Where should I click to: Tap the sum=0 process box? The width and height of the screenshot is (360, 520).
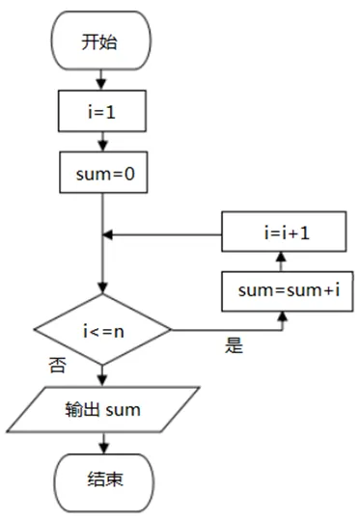point(103,176)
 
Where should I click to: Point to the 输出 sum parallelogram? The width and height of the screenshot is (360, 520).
point(103,410)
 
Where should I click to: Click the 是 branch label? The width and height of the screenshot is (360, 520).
point(235,345)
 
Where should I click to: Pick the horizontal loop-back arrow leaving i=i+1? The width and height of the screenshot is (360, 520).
point(164,233)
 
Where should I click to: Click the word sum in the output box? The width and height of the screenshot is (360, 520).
point(124,411)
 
